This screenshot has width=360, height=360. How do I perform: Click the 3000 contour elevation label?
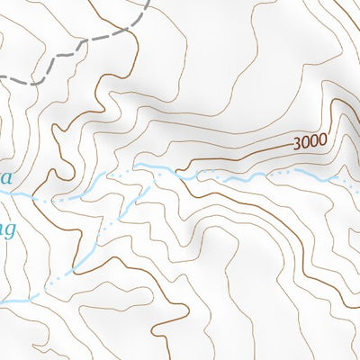coord(308,142)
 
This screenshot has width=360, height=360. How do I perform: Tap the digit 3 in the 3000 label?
coord(297,144)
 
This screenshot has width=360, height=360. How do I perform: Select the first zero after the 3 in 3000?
coord(304,143)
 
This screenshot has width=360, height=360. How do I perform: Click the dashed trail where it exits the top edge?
coord(147,2)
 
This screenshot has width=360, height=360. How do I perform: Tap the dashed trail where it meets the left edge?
coord(2,76)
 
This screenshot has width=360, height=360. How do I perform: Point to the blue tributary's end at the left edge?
coord(3,301)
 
